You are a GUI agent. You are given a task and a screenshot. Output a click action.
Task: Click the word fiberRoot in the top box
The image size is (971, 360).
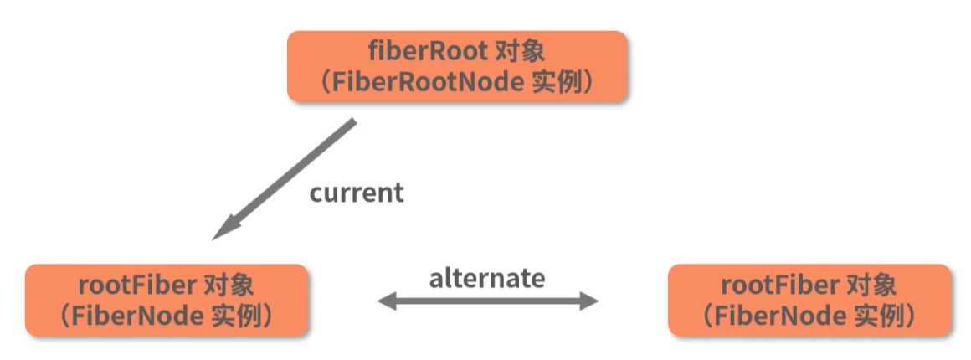427,52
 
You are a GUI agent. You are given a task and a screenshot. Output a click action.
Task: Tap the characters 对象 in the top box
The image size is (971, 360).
521,52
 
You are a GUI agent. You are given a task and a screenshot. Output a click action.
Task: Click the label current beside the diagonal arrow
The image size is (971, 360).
357,193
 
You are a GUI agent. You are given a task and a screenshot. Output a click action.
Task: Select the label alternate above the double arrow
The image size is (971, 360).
487,278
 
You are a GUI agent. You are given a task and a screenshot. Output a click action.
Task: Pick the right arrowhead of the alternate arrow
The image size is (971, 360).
588,301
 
